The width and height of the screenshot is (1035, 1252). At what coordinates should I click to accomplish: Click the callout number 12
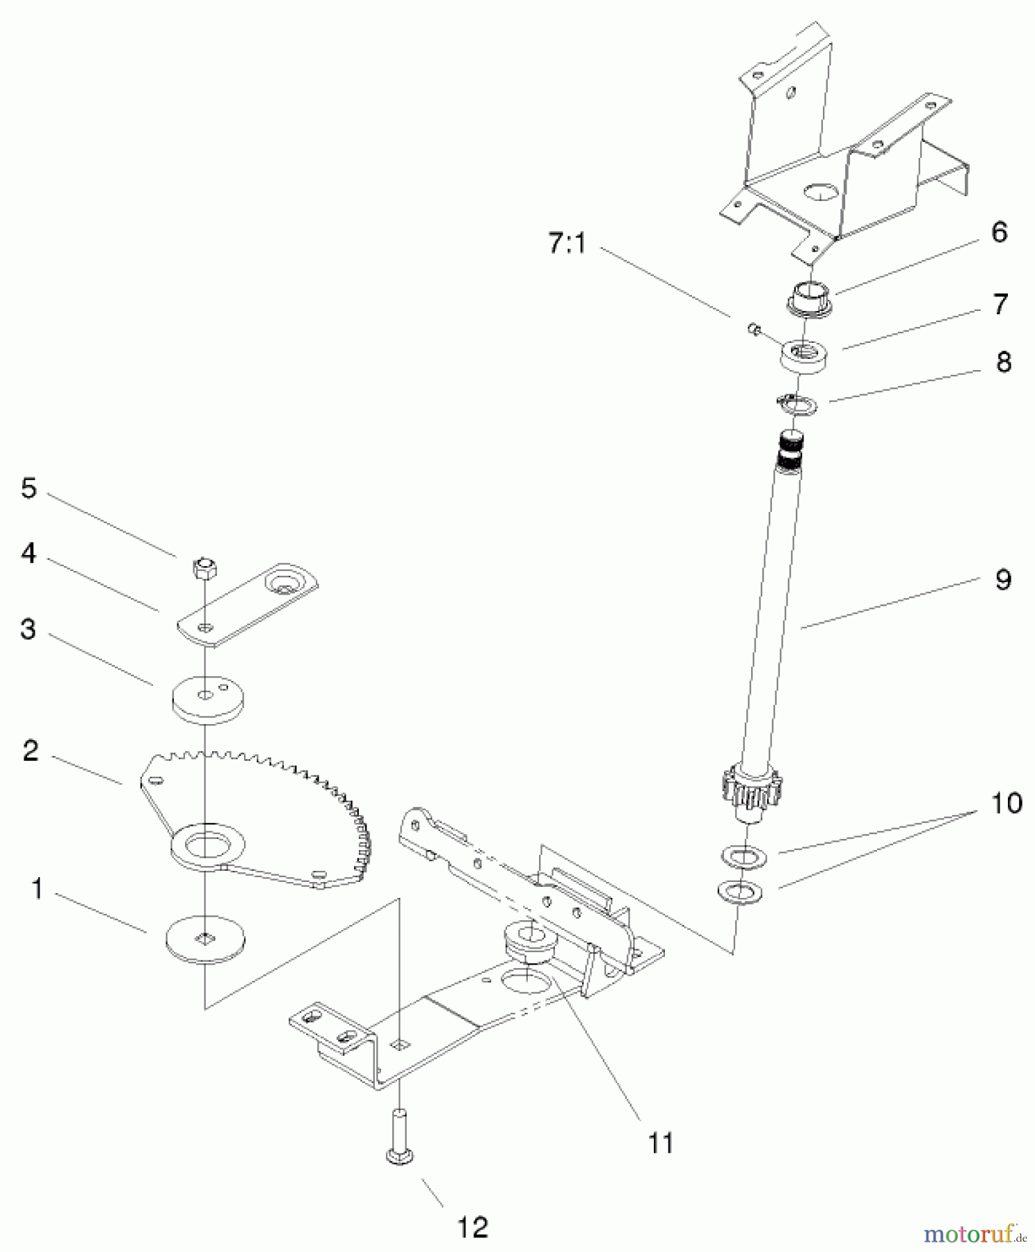pyautogui.click(x=473, y=1227)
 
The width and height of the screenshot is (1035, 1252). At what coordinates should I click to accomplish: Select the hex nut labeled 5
pyautogui.click(x=204, y=569)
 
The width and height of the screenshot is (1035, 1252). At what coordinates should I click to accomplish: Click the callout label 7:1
pyautogui.click(x=567, y=244)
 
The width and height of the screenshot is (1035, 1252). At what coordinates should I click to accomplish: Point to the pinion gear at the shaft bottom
pyautogui.click(x=755, y=792)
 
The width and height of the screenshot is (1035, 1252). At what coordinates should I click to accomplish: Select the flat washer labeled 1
pyautogui.click(x=206, y=939)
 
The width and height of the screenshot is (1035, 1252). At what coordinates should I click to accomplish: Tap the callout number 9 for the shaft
pyautogui.click(x=1002, y=579)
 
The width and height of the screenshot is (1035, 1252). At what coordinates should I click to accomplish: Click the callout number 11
pyautogui.click(x=660, y=1143)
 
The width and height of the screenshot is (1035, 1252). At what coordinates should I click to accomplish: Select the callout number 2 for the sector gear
pyautogui.click(x=30, y=751)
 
